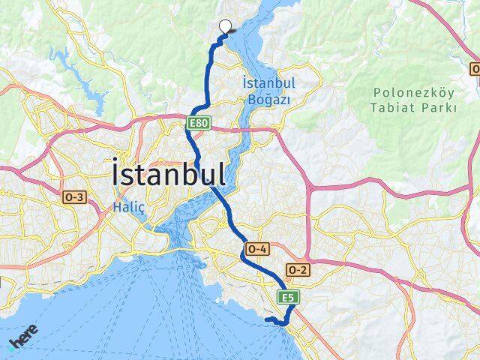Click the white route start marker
224,25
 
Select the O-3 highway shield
74,196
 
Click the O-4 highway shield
256,248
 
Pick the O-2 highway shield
297,269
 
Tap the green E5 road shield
288,298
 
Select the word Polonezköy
414,92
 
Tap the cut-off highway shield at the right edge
475,69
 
